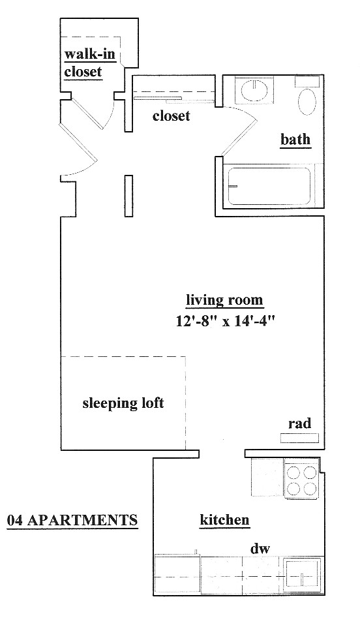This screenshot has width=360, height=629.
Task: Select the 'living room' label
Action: pyautogui.click(x=224, y=299)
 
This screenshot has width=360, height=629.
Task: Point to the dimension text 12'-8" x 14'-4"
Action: pyautogui.click(x=225, y=320)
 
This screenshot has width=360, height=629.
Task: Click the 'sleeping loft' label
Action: pyautogui.click(x=123, y=403)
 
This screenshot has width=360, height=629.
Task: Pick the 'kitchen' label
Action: pyautogui.click(x=224, y=519)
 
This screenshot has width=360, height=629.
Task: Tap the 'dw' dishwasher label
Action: pyautogui.click(x=260, y=548)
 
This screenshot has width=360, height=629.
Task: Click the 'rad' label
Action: pyautogui.click(x=299, y=423)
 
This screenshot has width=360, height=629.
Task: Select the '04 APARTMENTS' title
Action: pyautogui.click(x=72, y=520)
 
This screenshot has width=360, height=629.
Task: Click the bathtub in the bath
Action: pyautogui.click(x=269, y=186)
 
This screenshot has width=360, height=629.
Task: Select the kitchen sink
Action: pyautogui.click(x=303, y=576)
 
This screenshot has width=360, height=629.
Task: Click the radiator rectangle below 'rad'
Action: pyautogui.click(x=299, y=438)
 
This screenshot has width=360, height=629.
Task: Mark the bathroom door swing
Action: pyautogui.click(x=239, y=130)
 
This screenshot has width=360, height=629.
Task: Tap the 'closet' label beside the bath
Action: pyautogui.click(x=171, y=116)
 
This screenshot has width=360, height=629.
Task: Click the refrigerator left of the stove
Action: pyautogui.click(x=267, y=478)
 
